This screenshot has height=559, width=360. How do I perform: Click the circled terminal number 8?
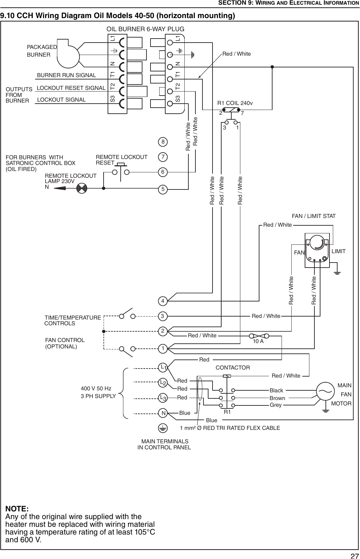tap(163, 142)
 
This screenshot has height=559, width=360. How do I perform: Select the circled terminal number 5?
tap(163, 189)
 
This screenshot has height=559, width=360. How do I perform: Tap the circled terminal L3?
tap(163, 398)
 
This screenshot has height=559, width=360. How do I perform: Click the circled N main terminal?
tap(163, 413)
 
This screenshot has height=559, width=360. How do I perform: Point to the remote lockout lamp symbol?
tap(82, 188)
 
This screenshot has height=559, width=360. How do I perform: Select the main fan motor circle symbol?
tap(325, 391)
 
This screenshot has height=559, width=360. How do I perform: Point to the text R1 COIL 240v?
tap(235, 103)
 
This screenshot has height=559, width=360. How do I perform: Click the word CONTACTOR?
tap(233, 368)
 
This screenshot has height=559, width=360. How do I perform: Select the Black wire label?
tap(276, 390)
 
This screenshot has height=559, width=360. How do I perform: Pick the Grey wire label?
tap(276, 405)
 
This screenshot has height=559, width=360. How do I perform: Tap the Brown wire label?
tap(277, 398)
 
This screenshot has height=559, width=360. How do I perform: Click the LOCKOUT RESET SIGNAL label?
tap(71, 88)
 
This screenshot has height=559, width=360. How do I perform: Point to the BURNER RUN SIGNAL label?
tap(66, 75)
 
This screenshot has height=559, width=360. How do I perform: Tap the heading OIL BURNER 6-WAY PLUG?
tap(145, 29)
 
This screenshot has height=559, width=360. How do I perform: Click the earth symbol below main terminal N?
tap(163, 428)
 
